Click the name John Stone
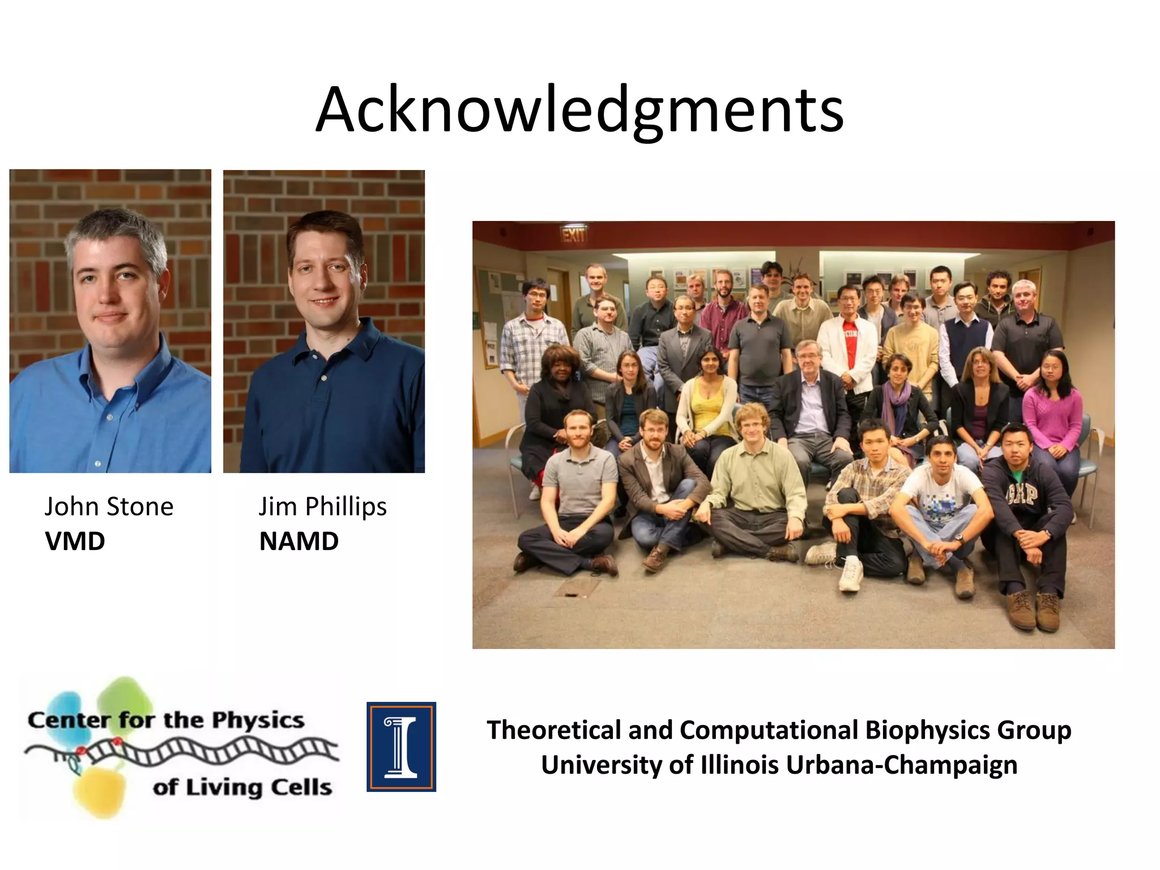(x=109, y=506)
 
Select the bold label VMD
(x=75, y=541)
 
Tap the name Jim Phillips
(x=322, y=506)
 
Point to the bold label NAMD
(x=298, y=541)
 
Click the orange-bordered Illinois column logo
(x=401, y=747)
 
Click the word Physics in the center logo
(x=258, y=720)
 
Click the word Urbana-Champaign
(x=901, y=765)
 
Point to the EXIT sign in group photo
(x=573, y=234)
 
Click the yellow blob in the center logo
(x=100, y=791)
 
